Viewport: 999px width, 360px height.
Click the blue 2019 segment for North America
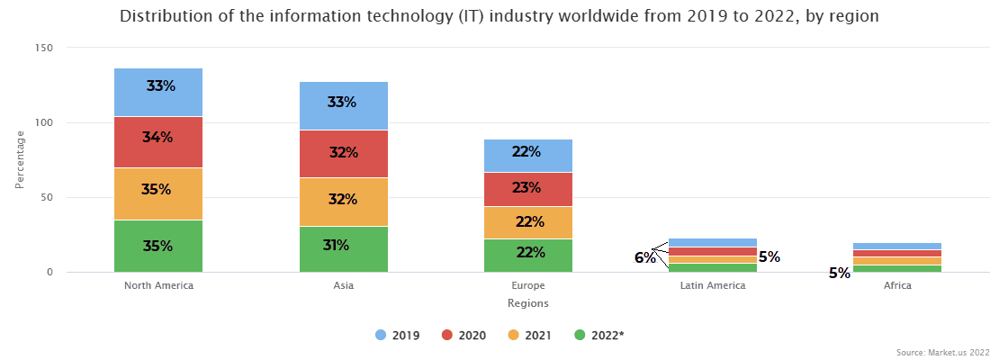tap(158, 92)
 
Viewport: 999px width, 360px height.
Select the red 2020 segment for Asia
tap(343, 154)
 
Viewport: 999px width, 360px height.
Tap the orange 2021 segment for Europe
tap(528, 222)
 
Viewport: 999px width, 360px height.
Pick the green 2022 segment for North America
tap(158, 246)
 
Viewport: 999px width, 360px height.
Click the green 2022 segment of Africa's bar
tap(897, 268)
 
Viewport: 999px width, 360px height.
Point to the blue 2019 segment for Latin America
tap(713, 242)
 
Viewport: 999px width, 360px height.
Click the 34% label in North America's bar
tap(157, 138)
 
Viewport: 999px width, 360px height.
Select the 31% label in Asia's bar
tap(336, 245)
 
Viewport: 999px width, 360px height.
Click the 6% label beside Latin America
tap(644, 257)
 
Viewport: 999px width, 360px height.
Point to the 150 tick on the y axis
tap(44, 48)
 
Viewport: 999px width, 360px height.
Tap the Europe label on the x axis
tap(528, 286)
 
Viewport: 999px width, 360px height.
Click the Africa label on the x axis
tap(897, 286)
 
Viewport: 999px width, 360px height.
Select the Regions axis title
tap(527, 304)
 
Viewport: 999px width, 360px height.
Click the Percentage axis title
tap(19, 160)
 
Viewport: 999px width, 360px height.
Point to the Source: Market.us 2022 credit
tap(942, 352)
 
